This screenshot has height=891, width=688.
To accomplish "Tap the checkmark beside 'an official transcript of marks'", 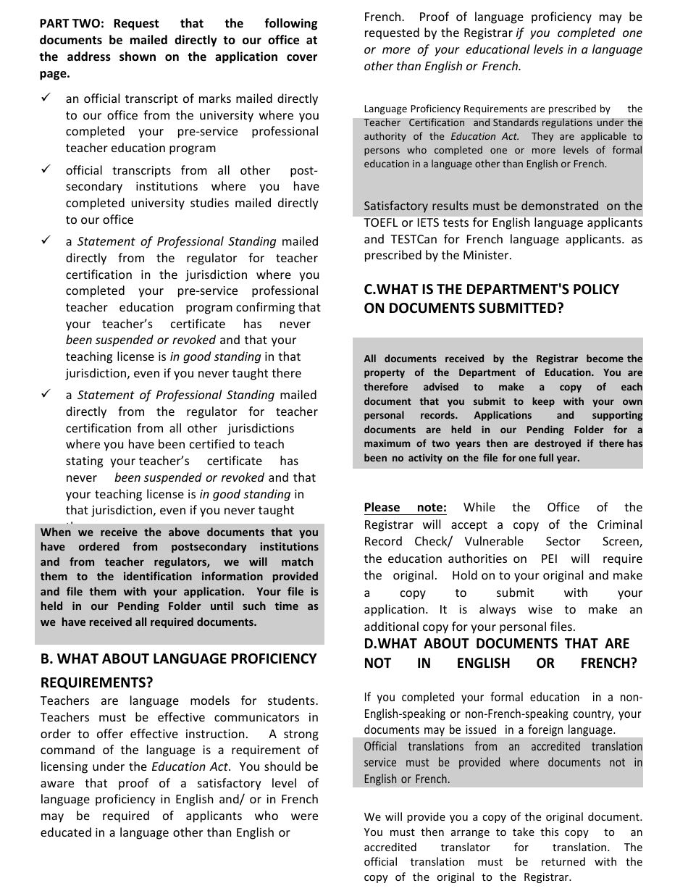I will (46, 98).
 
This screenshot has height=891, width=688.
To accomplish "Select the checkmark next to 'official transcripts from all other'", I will (46, 170).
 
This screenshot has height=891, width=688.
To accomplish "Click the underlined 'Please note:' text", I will (405, 507).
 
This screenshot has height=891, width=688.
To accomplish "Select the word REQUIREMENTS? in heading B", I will (96, 682).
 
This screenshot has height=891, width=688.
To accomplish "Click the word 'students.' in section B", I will (293, 700).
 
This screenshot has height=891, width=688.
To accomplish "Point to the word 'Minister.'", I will (487, 255).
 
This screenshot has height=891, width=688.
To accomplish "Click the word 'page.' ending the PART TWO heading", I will (55, 73).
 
